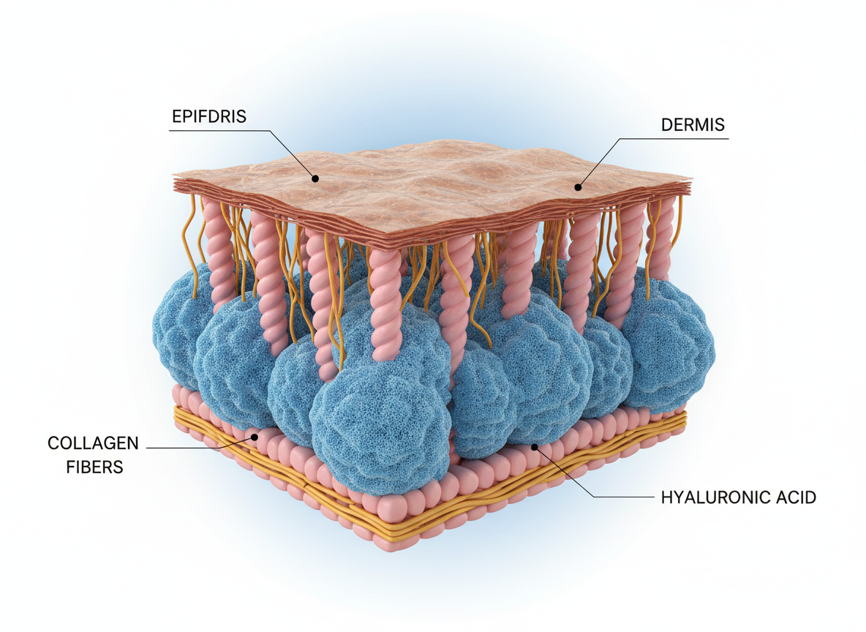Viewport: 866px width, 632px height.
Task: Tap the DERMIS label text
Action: pos(693,124)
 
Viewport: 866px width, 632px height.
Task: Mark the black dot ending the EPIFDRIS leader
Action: pos(315,178)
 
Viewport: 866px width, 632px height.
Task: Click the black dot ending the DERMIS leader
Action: pos(578,187)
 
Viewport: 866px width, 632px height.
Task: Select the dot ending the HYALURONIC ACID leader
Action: pos(535,445)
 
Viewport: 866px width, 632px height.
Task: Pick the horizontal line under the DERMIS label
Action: pos(673,138)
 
